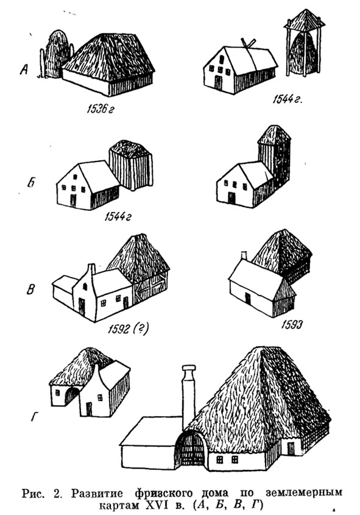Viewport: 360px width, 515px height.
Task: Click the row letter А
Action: [x=24, y=69]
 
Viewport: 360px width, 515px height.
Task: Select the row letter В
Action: [x=30, y=289]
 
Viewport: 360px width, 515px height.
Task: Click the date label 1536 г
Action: [x=100, y=109]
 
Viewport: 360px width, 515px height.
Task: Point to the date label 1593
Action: [x=292, y=325]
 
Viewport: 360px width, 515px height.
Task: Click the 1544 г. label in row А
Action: [x=287, y=99]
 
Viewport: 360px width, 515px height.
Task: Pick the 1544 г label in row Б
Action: [x=117, y=217]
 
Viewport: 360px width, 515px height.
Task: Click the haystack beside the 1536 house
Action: [x=57, y=54]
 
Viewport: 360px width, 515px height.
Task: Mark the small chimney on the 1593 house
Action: [x=244, y=255]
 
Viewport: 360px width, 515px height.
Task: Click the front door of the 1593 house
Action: [x=247, y=299]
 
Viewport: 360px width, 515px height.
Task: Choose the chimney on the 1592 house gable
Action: [x=91, y=269]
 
